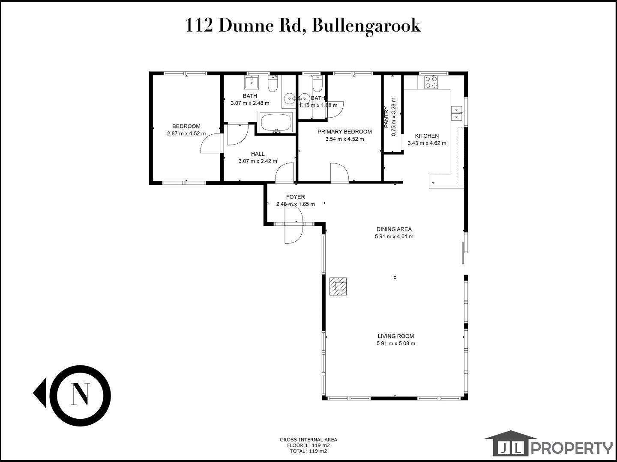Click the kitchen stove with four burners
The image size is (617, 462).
click(431, 82)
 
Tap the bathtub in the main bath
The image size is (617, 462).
click(276, 122)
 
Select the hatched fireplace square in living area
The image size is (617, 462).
click(338, 287)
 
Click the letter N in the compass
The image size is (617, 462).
click(81, 394)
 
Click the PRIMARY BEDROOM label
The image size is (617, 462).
click(344, 132)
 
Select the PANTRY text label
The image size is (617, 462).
click(386, 117)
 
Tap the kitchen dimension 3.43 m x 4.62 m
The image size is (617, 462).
click(427, 143)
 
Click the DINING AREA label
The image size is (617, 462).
click(394, 229)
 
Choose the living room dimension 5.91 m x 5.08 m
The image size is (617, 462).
click(396, 344)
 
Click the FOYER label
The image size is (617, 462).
click(295, 197)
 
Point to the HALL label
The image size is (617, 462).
click(258, 154)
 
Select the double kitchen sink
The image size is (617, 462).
click(456, 113)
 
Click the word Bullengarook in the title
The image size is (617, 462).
click(366, 26)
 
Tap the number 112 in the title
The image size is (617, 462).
click(199, 26)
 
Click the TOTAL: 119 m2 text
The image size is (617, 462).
click(308, 451)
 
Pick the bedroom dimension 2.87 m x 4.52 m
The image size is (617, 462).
click(186, 133)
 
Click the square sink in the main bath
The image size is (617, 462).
click(252, 82)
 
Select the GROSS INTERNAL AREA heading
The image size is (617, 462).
click(308, 440)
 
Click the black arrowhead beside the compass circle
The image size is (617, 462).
click(40, 393)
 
